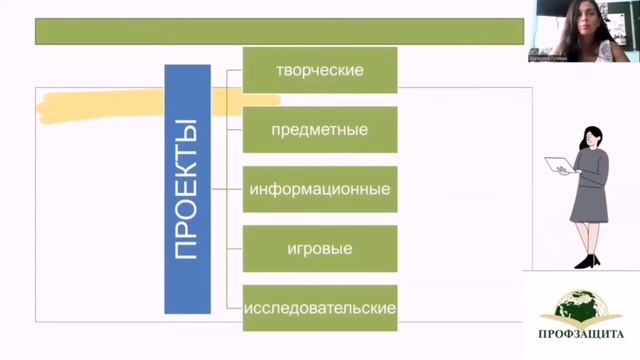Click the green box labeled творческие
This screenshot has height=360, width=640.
coord(320,70)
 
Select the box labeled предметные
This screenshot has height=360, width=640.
coord(320,129)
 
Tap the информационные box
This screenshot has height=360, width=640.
coord(320,188)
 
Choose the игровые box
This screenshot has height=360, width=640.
coord(320,247)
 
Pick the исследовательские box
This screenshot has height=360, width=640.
coord(320,306)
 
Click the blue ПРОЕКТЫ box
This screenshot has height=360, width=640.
coord(187,188)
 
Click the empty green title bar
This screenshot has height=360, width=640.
coord(279,31)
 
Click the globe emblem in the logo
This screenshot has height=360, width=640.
coord(580,304)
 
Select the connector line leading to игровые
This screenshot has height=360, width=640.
coord(235,247)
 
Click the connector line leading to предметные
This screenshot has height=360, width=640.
coord(235,129)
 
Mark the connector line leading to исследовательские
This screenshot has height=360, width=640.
coord(235,306)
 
